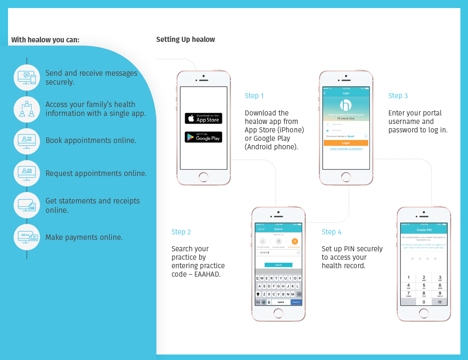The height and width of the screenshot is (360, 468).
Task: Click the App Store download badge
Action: point(203,118)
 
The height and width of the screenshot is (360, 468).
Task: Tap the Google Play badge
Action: point(203,137)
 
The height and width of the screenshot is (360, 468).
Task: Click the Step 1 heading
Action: point(254,96)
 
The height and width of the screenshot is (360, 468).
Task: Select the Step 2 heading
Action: point(181,232)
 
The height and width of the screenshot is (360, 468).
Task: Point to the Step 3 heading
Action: point(398,96)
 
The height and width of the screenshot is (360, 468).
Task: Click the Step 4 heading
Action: point(331,232)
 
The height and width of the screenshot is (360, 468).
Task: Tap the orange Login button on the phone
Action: point(346,143)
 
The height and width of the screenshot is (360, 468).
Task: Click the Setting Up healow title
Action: point(185,39)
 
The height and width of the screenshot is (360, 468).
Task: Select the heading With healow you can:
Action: point(45,40)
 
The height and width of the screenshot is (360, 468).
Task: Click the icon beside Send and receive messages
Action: point(27,77)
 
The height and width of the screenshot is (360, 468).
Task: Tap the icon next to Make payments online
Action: point(27,237)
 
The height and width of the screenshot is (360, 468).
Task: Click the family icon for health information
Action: point(27,109)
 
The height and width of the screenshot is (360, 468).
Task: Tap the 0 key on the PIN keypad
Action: point(424,302)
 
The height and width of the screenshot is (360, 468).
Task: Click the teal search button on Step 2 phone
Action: point(278,265)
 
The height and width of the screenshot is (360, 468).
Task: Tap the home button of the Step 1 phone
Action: point(203,177)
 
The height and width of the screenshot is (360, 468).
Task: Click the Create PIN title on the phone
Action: point(424,230)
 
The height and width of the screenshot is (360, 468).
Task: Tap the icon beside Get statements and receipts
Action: point(27,205)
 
